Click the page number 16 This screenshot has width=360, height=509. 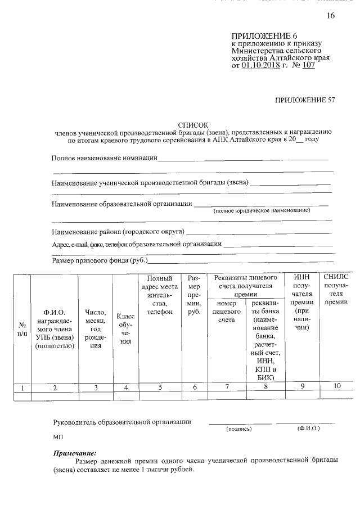[330, 16]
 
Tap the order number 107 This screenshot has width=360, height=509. [308, 65]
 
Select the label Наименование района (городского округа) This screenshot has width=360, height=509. [118, 231]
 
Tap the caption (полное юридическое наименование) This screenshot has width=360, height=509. [262, 210]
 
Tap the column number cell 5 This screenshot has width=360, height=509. [160, 387]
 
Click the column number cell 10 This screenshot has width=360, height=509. [336, 386]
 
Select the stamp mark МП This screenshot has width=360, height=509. [57, 437]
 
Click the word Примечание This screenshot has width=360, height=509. [75, 452]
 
